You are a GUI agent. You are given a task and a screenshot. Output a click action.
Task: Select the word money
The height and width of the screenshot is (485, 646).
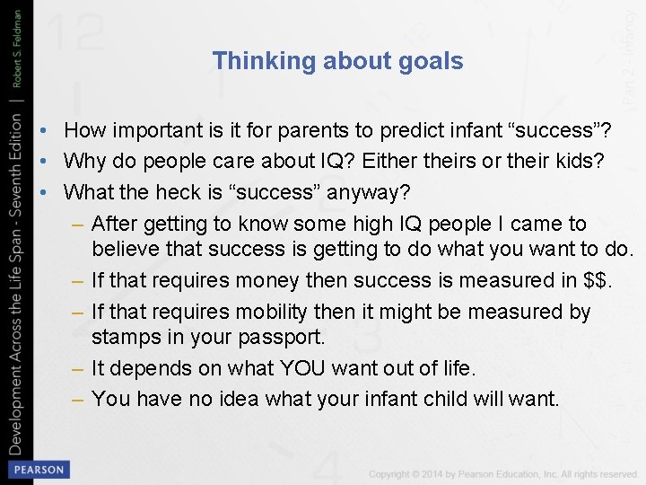pyautogui.click(x=258, y=280)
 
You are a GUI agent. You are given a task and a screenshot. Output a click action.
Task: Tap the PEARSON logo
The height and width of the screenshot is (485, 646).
pyautogui.click(x=38, y=469)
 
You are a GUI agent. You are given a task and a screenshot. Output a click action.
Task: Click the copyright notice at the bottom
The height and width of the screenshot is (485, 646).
pyautogui.click(x=502, y=473)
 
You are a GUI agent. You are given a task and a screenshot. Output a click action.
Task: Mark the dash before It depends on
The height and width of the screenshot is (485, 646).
pyautogui.click(x=79, y=369)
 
